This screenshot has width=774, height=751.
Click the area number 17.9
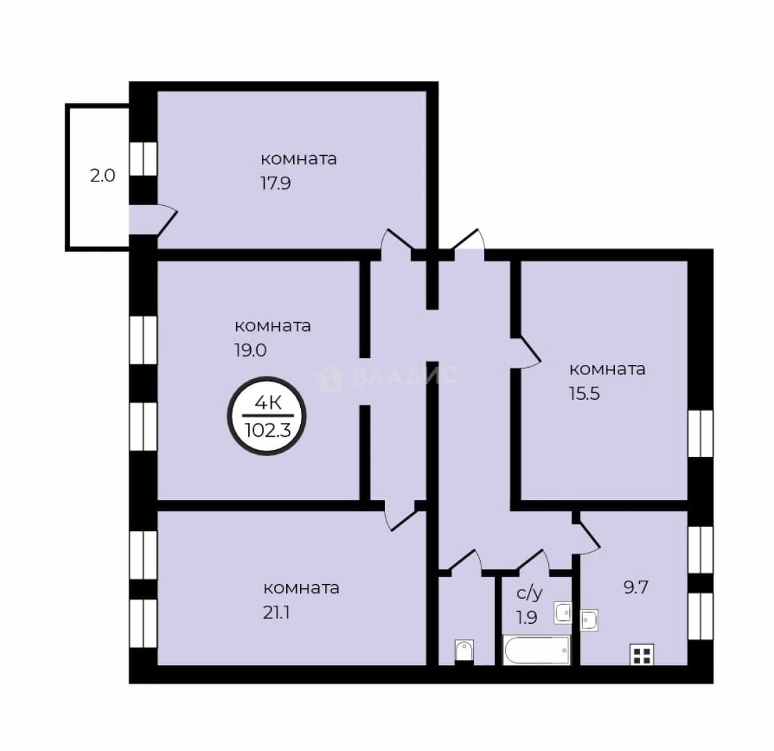click(x=275, y=184)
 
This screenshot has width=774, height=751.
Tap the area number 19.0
click(x=250, y=350)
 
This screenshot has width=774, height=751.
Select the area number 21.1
click(x=276, y=613)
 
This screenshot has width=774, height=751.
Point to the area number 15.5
click(x=584, y=394)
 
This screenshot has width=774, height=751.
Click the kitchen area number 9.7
click(x=636, y=588)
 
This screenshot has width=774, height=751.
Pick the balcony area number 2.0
click(x=103, y=175)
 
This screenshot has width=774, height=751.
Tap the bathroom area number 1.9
click(x=527, y=617)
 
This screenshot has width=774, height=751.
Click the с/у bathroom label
click(x=529, y=593)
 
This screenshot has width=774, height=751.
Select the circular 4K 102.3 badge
click(x=267, y=417)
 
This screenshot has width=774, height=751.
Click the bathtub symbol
click(x=536, y=649)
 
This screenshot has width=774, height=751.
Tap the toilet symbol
click(x=464, y=651)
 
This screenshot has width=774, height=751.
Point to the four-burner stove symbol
click(x=642, y=654)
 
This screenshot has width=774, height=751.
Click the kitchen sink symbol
click(x=589, y=620)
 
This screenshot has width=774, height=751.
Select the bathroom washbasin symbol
click(x=562, y=613)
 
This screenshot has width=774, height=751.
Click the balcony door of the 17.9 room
click(x=153, y=220)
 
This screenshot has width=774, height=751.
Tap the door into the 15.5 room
click(x=525, y=353)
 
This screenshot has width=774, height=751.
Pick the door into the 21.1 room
click(x=400, y=514)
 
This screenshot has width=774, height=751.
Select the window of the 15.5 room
click(x=700, y=433)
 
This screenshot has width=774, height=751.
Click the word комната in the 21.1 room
click(x=301, y=588)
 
